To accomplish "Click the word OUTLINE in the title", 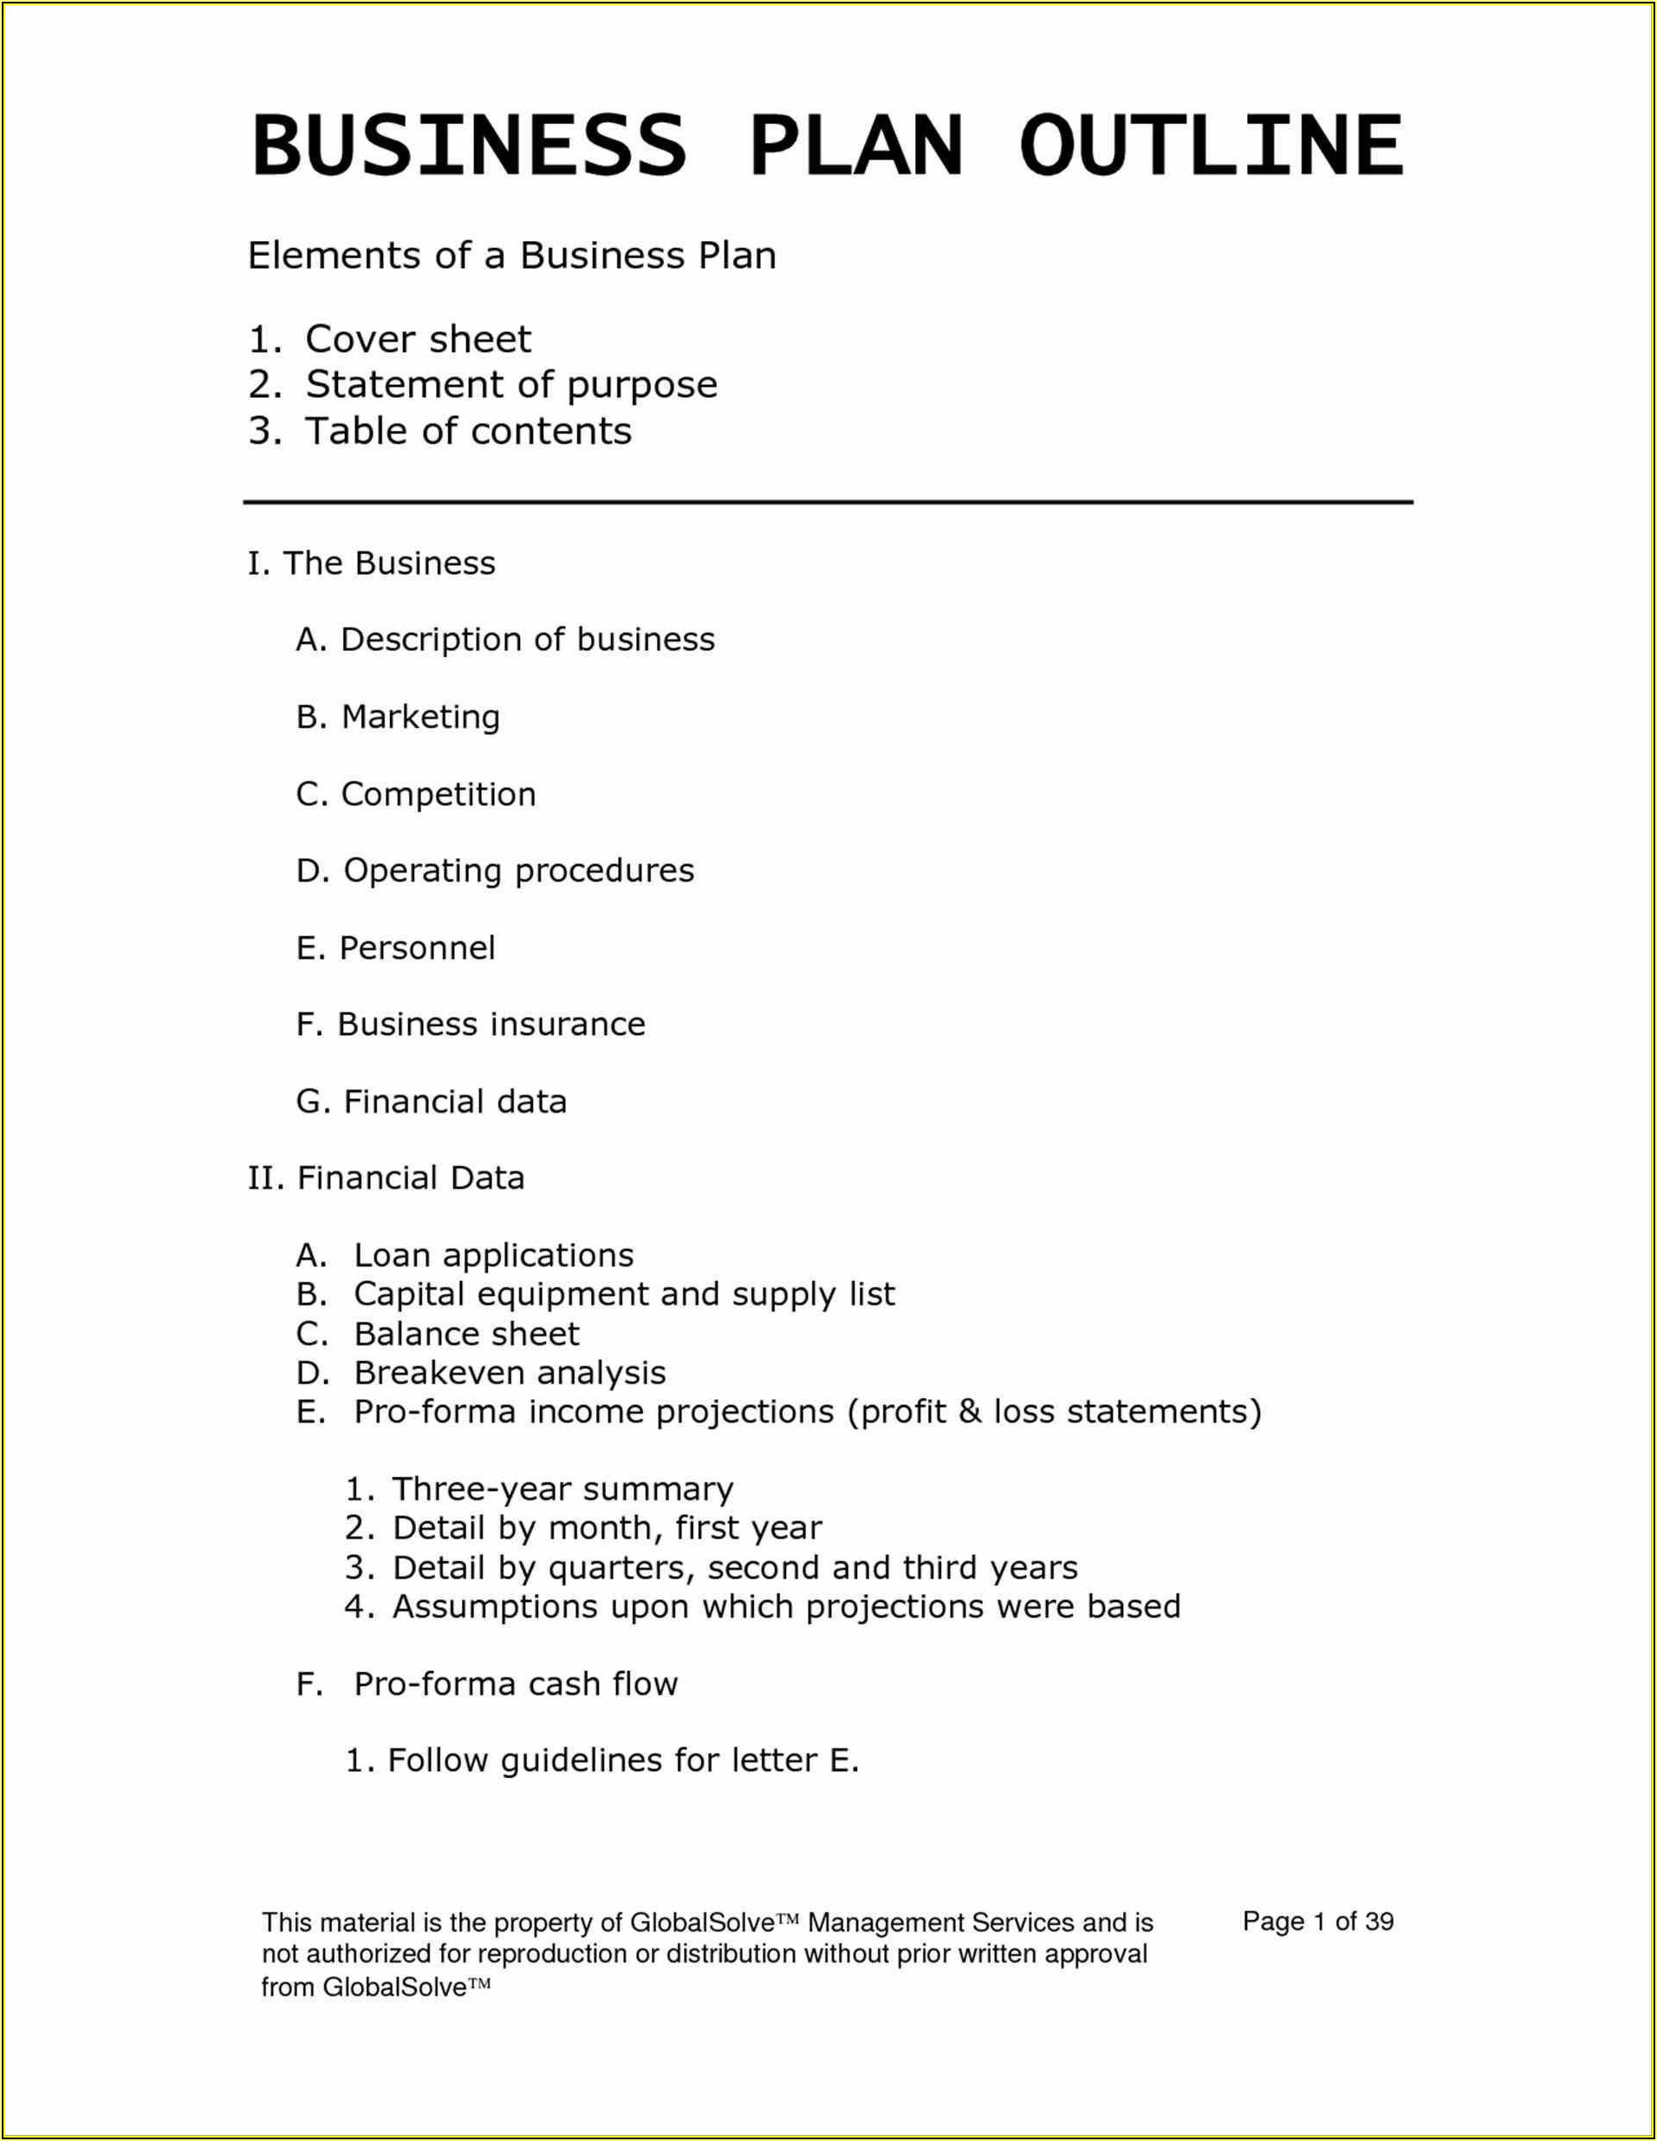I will point(1210,146).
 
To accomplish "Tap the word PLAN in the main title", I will point(856,146).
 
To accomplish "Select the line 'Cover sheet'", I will point(418,340).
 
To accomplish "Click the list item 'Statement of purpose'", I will point(510,385).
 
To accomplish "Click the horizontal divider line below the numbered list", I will point(828,503).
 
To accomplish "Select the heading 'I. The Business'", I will point(372,563).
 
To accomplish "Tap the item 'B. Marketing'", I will point(398,718).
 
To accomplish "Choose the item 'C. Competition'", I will point(417,794).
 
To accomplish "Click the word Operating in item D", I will point(421,870).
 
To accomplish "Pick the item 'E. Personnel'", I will point(396,948).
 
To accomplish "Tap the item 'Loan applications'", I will point(493,1256).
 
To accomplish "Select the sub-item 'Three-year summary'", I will point(562,1490).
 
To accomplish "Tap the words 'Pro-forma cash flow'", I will point(516,1684).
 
